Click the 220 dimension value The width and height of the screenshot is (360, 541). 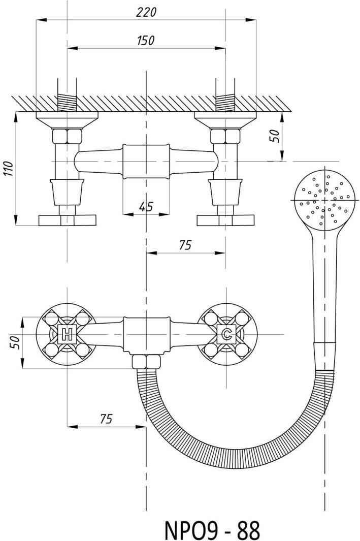coord(146,12)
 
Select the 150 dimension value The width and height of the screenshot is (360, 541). coord(146,40)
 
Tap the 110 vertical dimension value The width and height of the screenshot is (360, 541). coord(9,168)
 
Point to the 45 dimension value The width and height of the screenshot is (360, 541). coord(146,207)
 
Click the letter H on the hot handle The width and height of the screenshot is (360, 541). coord(67,334)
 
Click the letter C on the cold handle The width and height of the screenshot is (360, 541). coord(226,334)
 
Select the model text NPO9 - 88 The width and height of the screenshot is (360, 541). coord(212,529)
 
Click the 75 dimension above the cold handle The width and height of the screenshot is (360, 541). coord(185,245)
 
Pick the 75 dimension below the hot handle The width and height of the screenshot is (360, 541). coord(106,419)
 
